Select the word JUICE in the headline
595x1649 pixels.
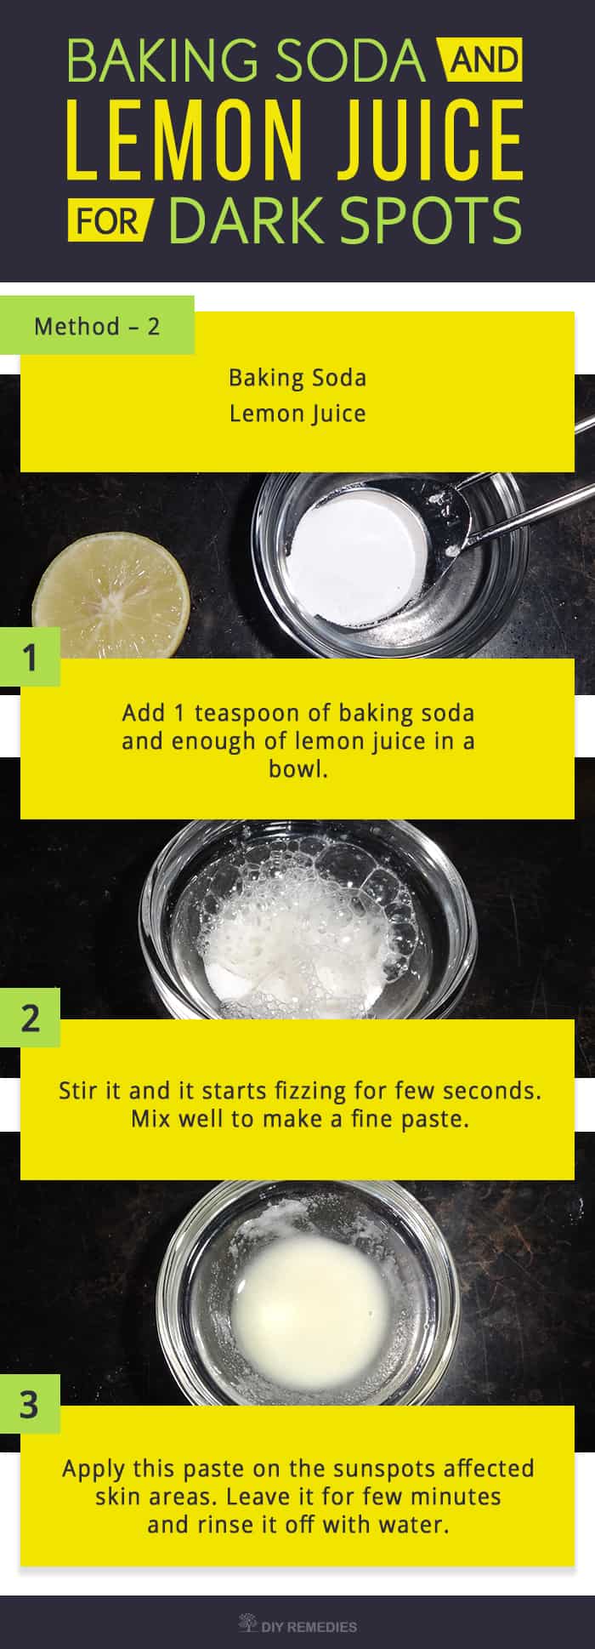point(424,140)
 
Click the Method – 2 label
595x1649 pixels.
point(97,326)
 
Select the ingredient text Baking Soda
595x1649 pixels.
point(297,377)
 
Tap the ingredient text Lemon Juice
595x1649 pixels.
point(297,414)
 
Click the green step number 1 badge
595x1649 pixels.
point(30,657)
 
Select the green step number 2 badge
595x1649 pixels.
point(30,1018)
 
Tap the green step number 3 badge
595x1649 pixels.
point(30,1404)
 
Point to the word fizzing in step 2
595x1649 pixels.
point(311,1090)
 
